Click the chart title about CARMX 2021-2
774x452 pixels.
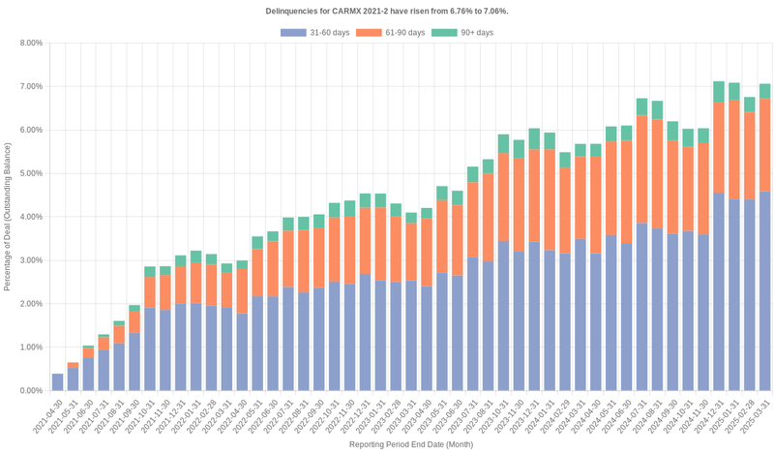click(387, 11)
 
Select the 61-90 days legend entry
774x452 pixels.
click(390, 33)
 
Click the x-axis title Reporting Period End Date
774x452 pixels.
click(410, 444)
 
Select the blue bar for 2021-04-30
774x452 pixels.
click(58, 382)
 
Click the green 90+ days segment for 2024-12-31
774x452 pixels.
click(718, 92)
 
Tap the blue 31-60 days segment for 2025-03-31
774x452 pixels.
click(764, 290)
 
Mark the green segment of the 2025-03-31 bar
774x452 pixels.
click(764, 91)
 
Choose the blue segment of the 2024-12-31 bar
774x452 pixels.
click(718, 290)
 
